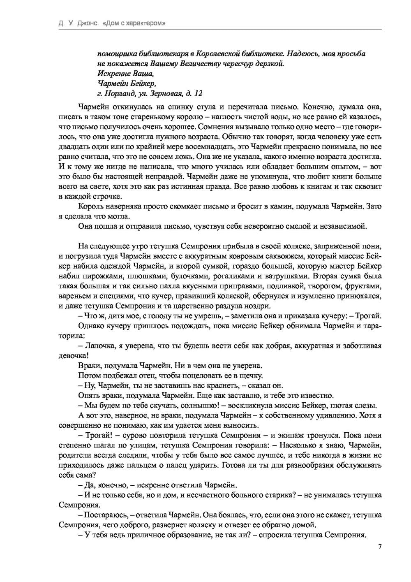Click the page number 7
point(380,546)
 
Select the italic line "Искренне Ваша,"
point(125,74)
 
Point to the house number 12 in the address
point(199,93)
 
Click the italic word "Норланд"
point(120,93)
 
